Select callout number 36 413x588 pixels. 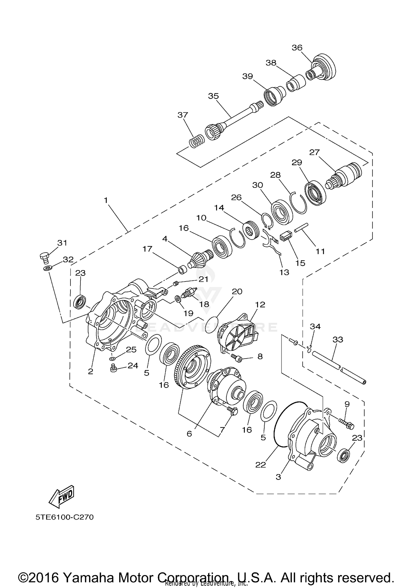(297, 48)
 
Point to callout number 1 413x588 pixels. (106, 200)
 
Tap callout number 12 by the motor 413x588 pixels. (260, 304)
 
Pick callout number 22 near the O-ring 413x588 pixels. (260, 465)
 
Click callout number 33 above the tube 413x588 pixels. (338, 339)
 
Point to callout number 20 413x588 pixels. (237, 291)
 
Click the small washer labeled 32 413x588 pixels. (48, 268)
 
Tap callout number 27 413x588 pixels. (314, 152)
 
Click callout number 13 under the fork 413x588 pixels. (284, 272)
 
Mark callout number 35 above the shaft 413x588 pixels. (213, 96)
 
